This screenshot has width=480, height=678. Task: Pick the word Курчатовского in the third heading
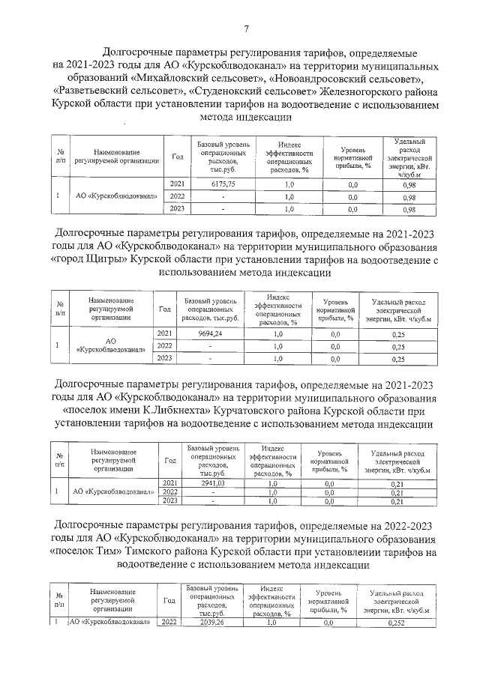(258, 411)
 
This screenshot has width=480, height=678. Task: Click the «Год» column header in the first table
(178, 156)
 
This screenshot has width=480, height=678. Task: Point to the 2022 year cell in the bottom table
(168, 622)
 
